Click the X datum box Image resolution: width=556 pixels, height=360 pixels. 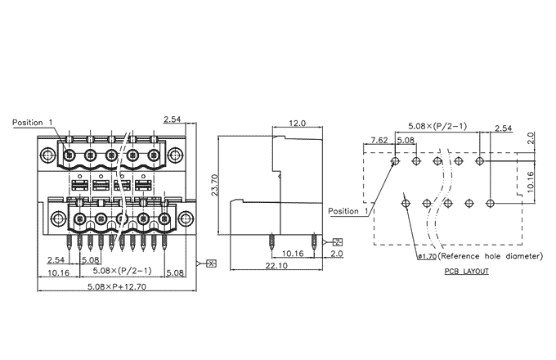[210, 263]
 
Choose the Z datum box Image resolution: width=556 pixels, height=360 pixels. [337, 243]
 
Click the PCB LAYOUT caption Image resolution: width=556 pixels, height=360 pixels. [467, 271]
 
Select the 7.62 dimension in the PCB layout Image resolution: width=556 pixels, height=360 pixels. [380, 141]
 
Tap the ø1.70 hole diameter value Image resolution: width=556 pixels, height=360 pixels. [426, 257]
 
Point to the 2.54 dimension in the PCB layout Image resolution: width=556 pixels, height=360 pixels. [503, 128]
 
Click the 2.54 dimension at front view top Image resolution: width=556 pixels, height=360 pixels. [173, 120]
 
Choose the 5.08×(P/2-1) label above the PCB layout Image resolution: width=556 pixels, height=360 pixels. [437, 126]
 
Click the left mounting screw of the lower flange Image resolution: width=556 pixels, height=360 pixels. [58, 218]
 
